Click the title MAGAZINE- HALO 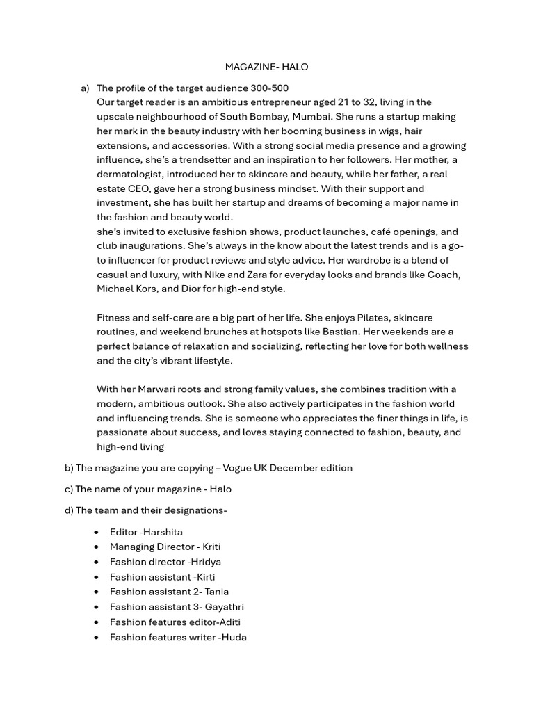tap(266, 67)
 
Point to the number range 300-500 tap(270, 88)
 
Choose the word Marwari tap(157, 389)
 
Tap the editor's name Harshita tap(163, 532)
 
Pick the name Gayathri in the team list tap(224, 607)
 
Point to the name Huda tap(234, 637)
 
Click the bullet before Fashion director tap(96, 562)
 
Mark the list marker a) tap(85, 88)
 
